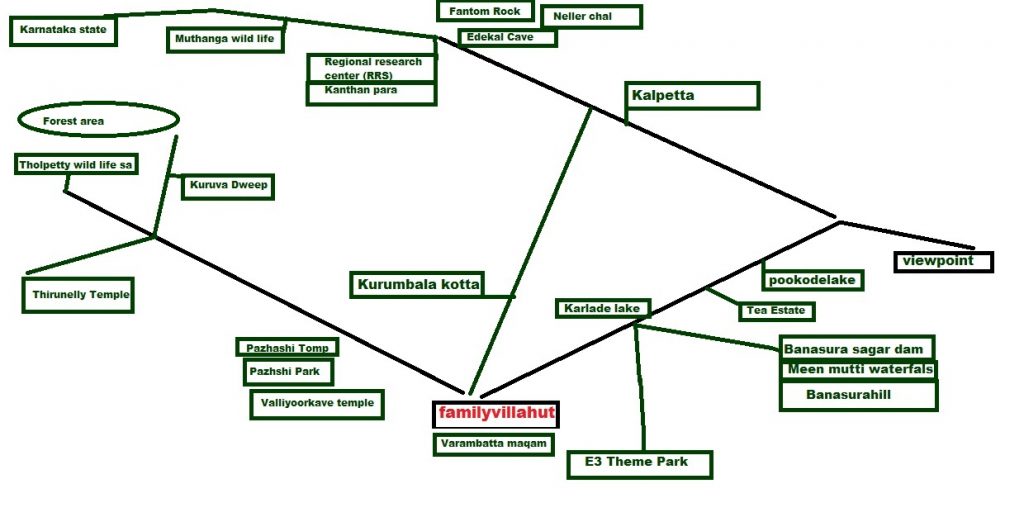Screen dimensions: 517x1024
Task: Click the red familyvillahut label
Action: tap(496, 413)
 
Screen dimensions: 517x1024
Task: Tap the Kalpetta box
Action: tap(692, 96)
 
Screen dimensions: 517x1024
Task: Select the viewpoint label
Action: tap(943, 262)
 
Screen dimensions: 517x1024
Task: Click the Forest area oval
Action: tap(97, 121)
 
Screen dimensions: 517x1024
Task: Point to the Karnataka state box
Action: tap(62, 31)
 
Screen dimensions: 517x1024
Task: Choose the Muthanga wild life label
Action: tap(225, 39)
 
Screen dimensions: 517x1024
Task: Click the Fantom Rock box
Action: tap(484, 11)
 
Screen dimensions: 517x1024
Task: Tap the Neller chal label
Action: tap(590, 17)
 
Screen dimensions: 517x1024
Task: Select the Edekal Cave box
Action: tap(507, 37)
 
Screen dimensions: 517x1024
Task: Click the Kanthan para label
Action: tap(372, 92)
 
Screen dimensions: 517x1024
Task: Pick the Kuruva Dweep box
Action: tap(227, 186)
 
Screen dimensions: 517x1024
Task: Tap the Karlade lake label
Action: tap(602, 308)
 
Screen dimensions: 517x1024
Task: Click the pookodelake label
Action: tap(812, 280)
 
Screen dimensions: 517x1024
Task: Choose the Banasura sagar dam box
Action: tap(857, 349)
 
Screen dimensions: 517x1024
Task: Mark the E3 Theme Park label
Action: tap(640, 463)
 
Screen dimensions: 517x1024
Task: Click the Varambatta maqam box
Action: tap(493, 444)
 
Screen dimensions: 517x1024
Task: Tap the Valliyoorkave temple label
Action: tap(316, 403)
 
